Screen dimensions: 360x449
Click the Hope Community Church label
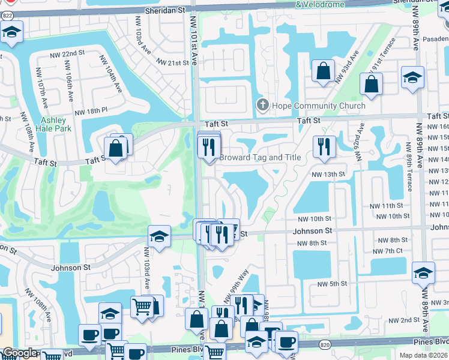pos(319,106)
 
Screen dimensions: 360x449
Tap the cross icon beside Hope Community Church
pos(262,106)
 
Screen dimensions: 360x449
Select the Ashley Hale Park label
pos(53,124)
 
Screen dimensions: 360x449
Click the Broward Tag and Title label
pos(260,158)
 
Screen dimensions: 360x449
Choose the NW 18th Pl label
pos(91,112)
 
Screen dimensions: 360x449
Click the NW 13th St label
pos(329,174)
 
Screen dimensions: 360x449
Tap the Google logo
pos(20,353)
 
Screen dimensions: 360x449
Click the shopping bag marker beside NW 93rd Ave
pos(324,71)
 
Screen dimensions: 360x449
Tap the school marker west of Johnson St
pos(158,236)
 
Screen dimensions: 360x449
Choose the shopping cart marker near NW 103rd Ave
pos(142,306)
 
